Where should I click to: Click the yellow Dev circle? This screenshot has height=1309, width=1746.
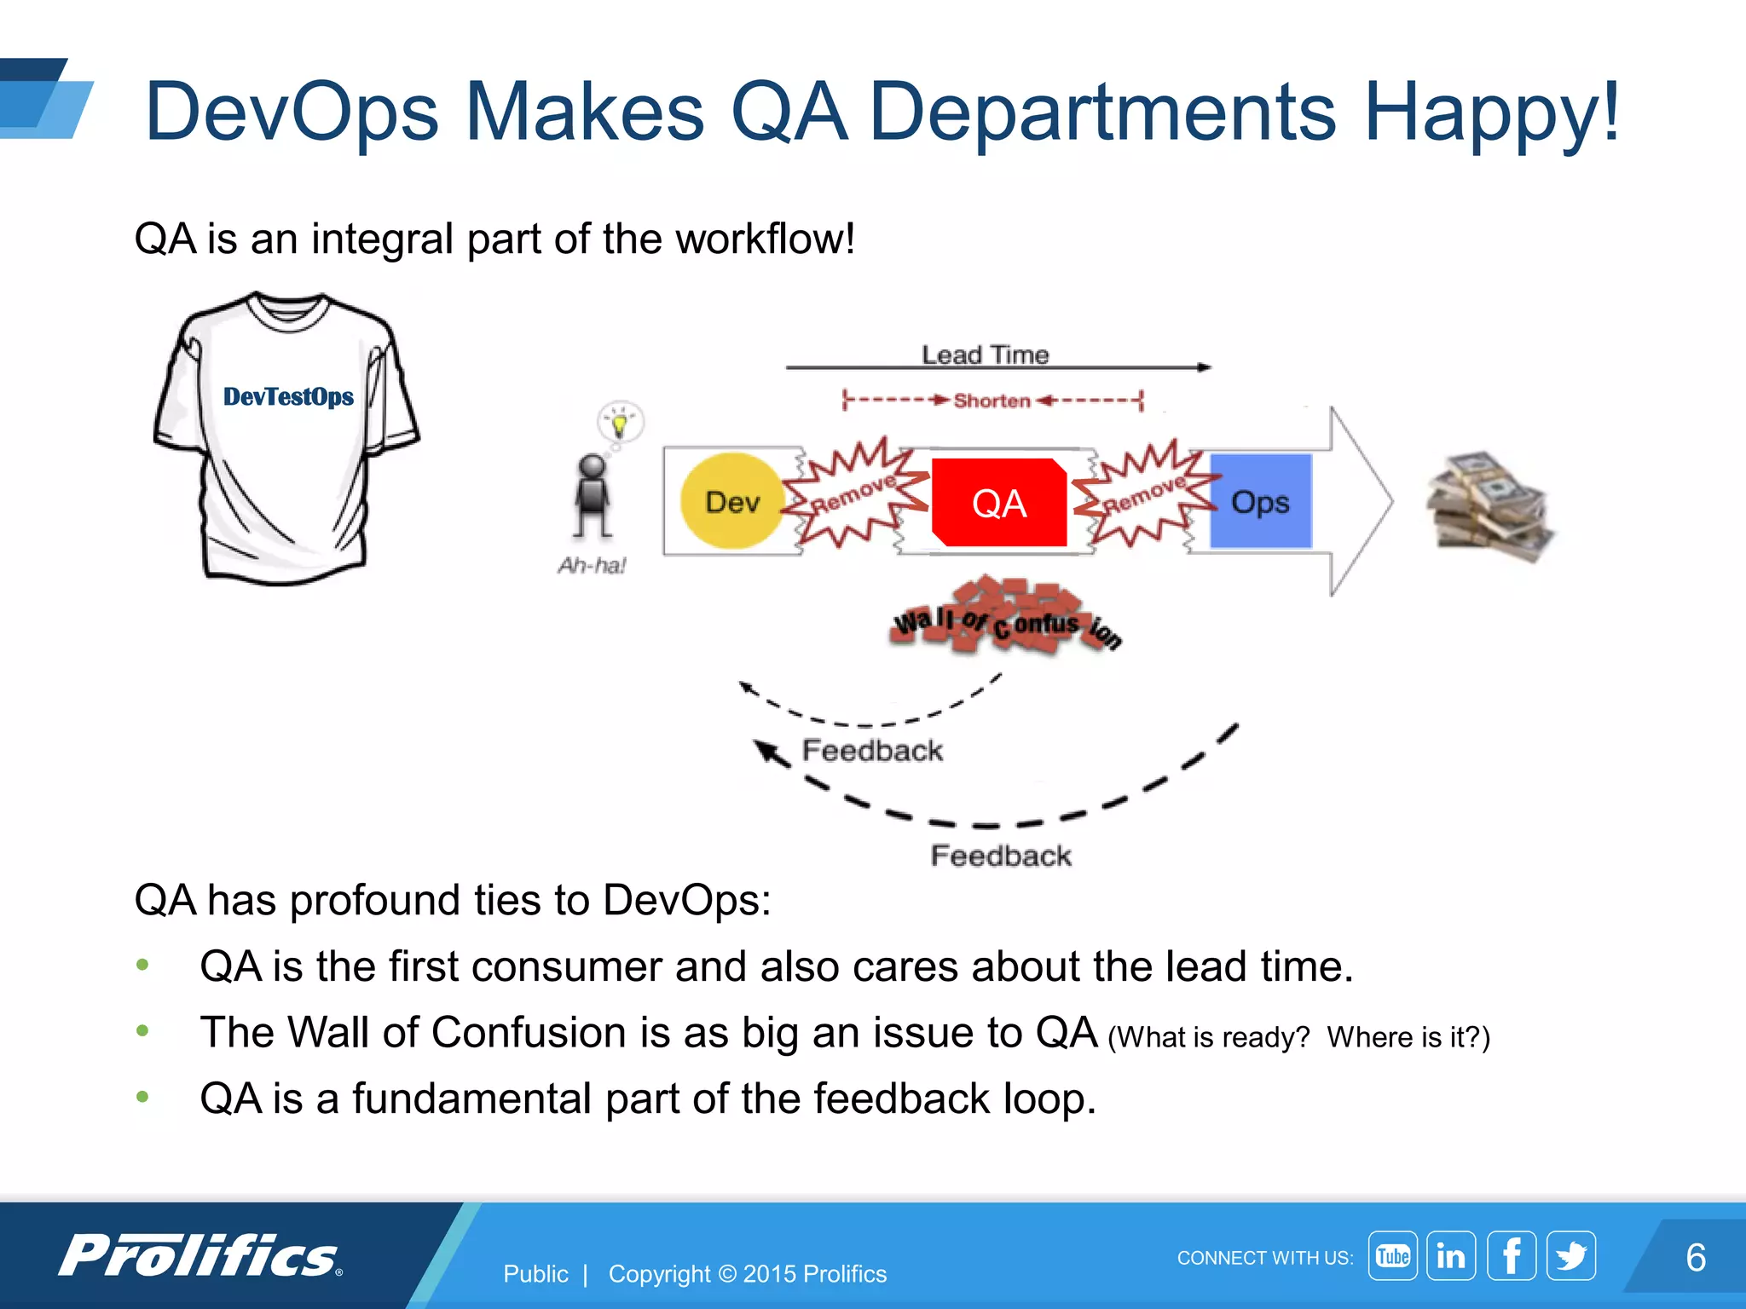click(731, 501)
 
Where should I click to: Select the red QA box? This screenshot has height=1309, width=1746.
click(998, 503)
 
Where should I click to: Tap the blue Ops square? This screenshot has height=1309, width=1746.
click(1260, 501)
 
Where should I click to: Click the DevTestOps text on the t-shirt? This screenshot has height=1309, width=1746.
click(288, 397)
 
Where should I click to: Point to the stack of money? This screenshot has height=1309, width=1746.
click(1490, 507)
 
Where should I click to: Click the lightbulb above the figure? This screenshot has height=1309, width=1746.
click(620, 422)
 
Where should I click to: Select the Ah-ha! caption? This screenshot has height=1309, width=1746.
click(592, 565)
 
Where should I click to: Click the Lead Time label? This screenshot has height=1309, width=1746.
click(985, 355)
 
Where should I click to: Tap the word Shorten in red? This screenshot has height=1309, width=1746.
click(992, 401)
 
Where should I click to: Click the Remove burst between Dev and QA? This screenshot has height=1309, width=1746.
click(854, 493)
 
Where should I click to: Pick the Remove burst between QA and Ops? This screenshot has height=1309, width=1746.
click(1144, 493)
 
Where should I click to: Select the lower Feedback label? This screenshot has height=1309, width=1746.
click(1000, 855)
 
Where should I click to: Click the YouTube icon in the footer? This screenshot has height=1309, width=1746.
click(1392, 1255)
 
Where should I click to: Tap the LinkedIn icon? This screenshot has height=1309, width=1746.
click(1451, 1255)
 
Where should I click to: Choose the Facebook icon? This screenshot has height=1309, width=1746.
click(1511, 1255)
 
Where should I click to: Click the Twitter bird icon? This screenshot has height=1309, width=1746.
click(1570, 1255)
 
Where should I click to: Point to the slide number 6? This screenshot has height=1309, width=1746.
click(1695, 1257)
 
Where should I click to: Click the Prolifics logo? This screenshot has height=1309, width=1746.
click(200, 1255)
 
